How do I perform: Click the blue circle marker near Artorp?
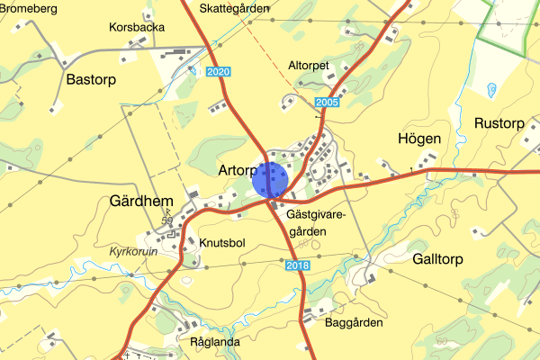click(x=269, y=179)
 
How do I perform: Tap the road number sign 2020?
click(x=217, y=71)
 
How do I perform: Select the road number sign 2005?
click(x=328, y=103)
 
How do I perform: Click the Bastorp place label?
click(x=93, y=79)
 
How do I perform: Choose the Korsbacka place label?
click(x=136, y=27)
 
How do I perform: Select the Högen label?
click(x=418, y=139)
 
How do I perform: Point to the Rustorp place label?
click(x=498, y=123)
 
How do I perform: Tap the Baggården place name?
click(x=354, y=322)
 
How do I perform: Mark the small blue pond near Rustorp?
click(x=491, y=89)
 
